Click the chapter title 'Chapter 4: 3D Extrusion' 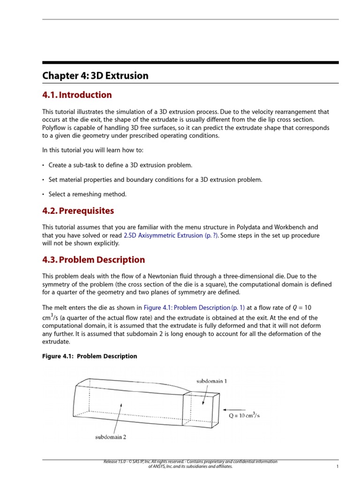tap(95, 75)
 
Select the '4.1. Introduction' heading tap(77, 95)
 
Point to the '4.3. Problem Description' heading tap(93, 260)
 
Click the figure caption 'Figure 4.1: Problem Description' tap(90, 356)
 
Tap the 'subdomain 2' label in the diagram tap(111, 437)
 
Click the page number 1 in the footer tap(337, 467)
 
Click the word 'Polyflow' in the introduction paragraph tap(55, 128)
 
